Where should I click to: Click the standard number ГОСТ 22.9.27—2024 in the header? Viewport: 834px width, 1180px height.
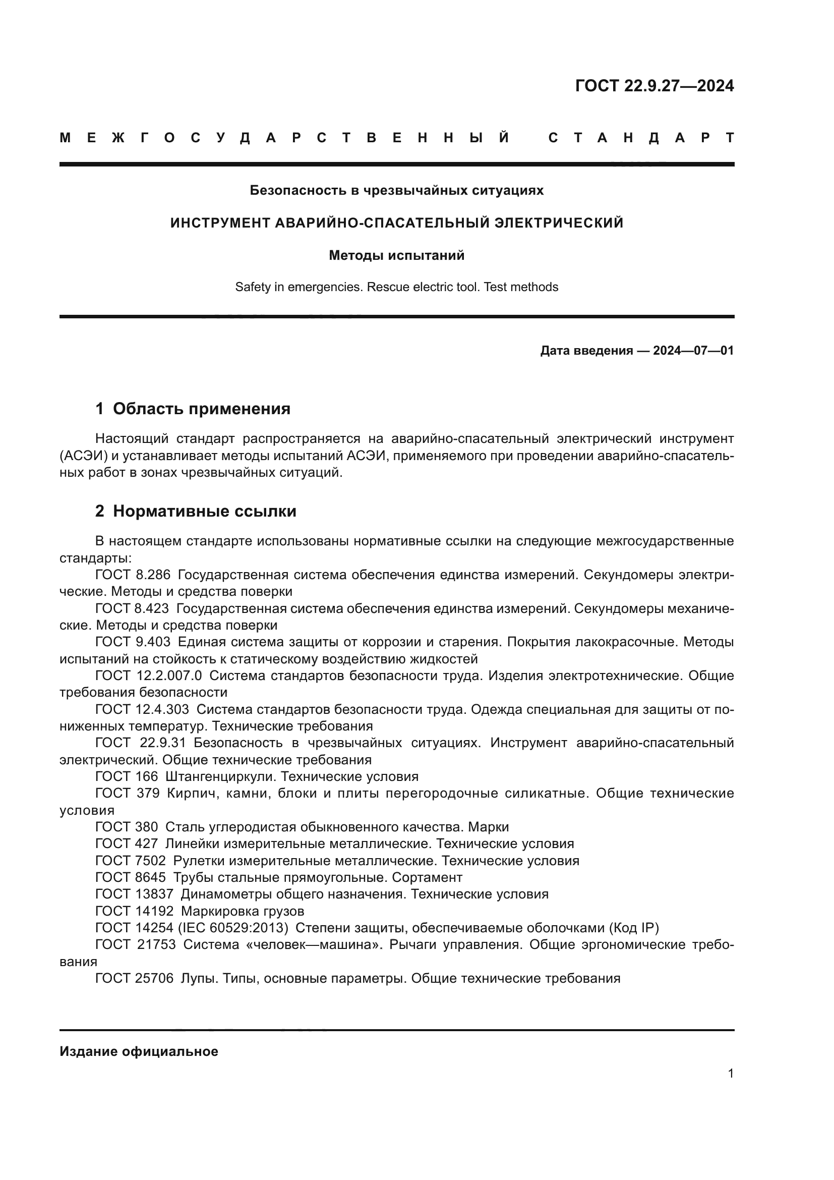point(654,86)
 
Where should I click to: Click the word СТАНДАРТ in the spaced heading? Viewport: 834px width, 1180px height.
point(641,138)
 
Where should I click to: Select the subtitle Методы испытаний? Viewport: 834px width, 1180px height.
point(396,255)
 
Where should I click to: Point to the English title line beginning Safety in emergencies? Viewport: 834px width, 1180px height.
point(396,287)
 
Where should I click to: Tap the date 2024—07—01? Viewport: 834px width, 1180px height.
point(693,351)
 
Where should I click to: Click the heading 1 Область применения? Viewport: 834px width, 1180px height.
point(193,409)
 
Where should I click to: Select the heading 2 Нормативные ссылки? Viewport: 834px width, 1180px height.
point(196,512)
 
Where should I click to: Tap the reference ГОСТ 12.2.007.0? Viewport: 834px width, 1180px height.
point(148,676)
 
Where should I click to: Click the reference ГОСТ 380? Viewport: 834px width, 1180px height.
point(127,827)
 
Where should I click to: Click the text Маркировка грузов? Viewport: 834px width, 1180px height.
point(243,911)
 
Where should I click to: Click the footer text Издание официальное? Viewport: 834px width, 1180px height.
point(139,1051)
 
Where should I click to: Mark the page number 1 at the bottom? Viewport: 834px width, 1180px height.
point(730,1074)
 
